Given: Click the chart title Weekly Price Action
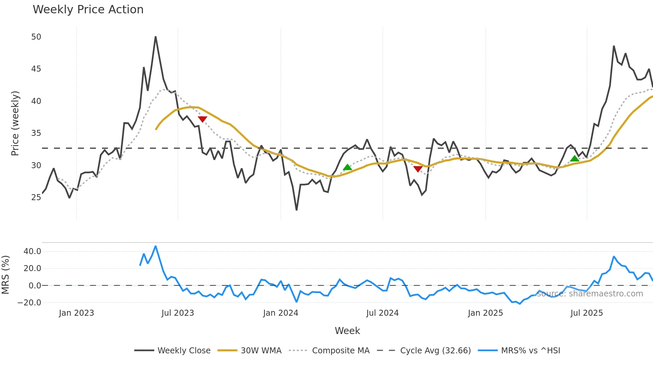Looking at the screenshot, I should (x=88, y=10).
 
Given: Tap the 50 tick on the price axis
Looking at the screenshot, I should (x=36, y=37).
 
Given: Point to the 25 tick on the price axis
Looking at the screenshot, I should (x=36, y=197).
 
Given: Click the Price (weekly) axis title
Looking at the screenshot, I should (x=15, y=123).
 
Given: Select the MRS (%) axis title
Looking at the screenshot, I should (x=5, y=275).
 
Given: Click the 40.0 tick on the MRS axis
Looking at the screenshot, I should (x=32, y=251).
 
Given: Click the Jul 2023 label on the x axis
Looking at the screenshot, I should (x=178, y=313).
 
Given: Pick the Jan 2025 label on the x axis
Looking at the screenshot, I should (x=485, y=313).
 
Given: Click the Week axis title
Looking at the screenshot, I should (x=347, y=331).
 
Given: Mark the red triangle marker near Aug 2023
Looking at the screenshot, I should (x=203, y=119).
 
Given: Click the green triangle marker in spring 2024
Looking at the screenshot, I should (x=347, y=167).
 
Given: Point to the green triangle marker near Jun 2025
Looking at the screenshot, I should (x=575, y=159).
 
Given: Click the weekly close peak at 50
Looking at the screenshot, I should (x=156, y=37).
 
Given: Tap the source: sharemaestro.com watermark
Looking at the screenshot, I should (x=590, y=294).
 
